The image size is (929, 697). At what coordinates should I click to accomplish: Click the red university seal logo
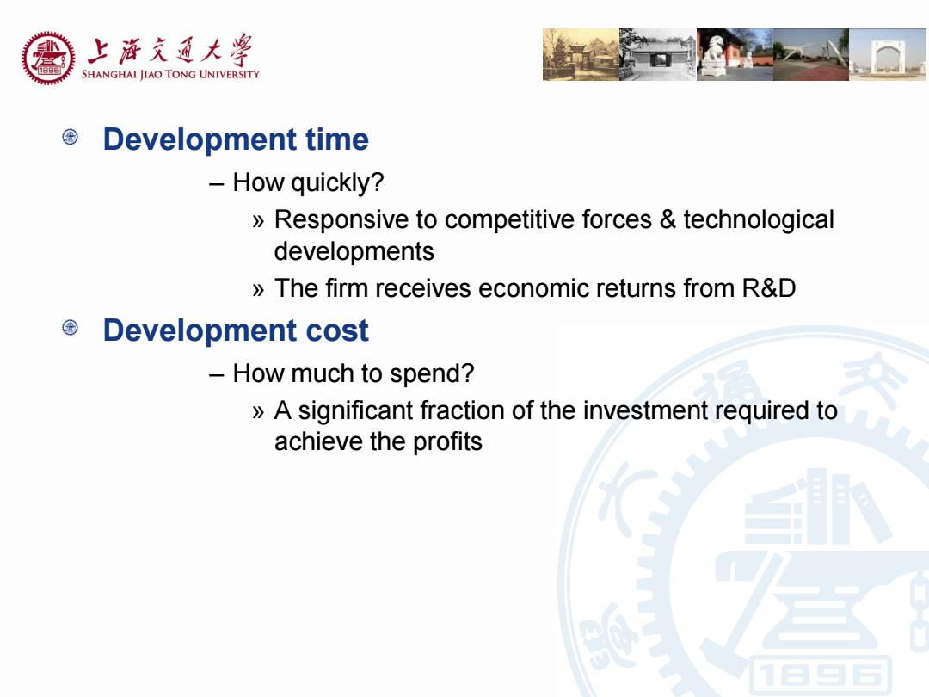click(48, 59)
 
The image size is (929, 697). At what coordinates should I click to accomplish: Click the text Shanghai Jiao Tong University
click(170, 74)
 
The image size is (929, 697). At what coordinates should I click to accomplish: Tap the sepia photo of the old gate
click(581, 54)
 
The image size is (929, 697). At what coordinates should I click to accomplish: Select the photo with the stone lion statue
click(735, 54)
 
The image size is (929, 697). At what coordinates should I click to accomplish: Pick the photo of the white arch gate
click(889, 54)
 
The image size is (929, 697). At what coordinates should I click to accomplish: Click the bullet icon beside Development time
click(70, 138)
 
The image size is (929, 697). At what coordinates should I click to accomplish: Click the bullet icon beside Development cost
click(70, 328)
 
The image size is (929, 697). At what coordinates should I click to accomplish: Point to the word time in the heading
click(337, 140)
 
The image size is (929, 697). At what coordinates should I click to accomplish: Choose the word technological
click(759, 219)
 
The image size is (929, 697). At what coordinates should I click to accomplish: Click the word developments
click(354, 251)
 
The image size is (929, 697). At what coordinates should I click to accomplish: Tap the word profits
click(447, 442)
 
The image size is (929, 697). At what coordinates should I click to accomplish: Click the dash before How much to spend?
click(216, 375)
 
